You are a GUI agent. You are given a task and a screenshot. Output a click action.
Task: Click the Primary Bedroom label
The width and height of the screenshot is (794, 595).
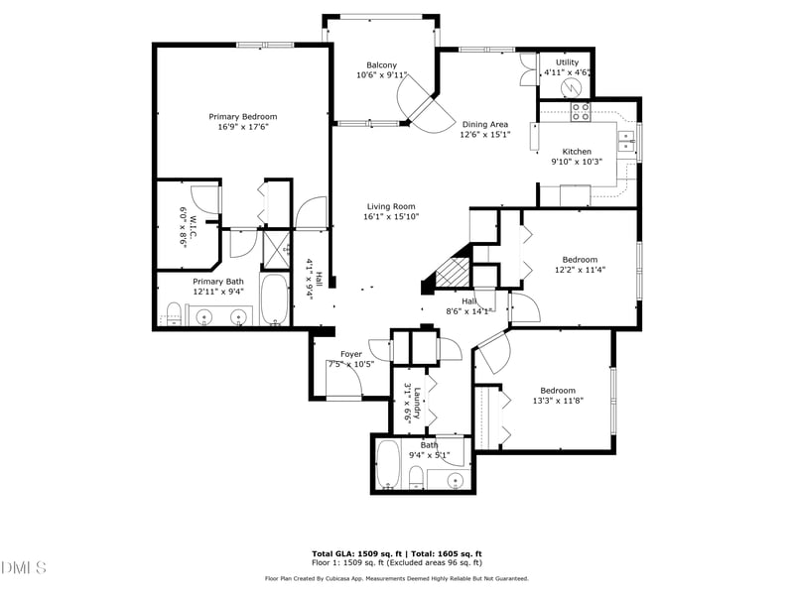point(242,116)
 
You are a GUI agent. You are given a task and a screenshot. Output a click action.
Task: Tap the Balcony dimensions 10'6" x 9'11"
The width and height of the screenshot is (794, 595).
point(382,75)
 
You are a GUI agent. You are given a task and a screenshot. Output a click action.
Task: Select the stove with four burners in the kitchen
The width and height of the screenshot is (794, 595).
point(579,112)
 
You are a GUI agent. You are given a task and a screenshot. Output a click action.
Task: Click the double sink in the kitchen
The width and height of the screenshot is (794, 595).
point(627,144)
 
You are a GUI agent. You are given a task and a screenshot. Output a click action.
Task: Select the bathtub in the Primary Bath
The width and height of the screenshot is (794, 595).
point(274,299)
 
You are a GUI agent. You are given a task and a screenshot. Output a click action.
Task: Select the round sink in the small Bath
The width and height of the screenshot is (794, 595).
point(453,480)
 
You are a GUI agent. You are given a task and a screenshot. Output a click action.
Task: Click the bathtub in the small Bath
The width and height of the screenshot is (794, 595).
point(389,466)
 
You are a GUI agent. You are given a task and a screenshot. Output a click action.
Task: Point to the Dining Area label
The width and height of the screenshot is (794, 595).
point(485,124)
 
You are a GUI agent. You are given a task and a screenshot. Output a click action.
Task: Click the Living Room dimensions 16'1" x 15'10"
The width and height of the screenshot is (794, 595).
point(390,217)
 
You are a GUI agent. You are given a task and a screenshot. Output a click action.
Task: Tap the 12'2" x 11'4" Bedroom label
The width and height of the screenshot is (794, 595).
point(581,260)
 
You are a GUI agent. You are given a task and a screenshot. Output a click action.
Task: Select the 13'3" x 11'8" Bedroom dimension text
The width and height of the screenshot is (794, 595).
point(557,402)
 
